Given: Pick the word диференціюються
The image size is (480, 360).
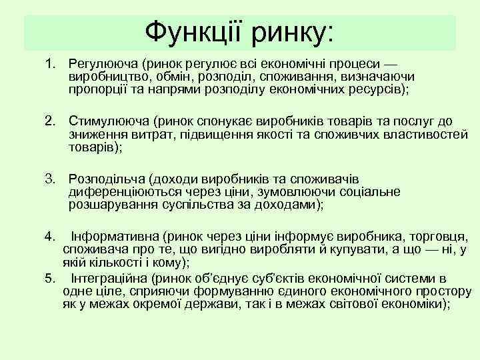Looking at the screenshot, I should pos(123,191).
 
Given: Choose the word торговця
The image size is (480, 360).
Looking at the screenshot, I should pos(439,236).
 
